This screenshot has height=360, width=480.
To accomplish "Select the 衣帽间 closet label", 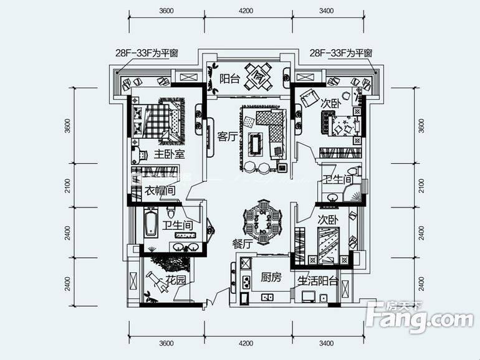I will tap(160, 191).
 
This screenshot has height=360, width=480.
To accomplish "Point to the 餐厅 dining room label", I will tap(243, 245).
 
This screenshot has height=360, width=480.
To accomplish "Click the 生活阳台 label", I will tap(317, 281).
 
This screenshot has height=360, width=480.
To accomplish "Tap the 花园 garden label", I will tap(176, 280).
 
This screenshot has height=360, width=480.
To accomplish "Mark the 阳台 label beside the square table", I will tap(229, 78).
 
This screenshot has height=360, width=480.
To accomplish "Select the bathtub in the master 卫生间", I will tap(151, 224).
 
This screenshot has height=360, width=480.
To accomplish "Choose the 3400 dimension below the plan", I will tap(326, 343).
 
